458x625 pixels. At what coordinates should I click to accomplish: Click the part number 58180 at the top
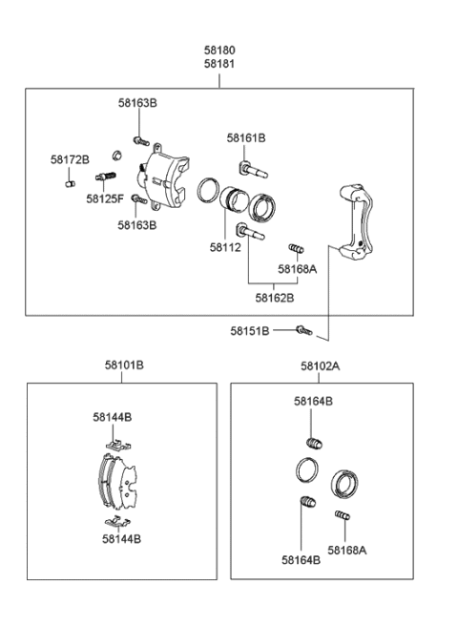click(x=219, y=50)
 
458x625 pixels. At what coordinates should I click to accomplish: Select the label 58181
click(x=219, y=64)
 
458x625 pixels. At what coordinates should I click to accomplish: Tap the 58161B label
click(x=246, y=138)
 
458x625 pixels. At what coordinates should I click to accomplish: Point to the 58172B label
click(x=70, y=159)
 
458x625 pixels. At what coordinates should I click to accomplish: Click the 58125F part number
click(x=105, y=198)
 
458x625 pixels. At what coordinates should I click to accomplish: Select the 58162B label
click(x=274, y=298)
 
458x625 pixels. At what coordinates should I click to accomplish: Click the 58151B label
click(x=249, y=331)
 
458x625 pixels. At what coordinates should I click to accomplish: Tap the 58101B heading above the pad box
click(x=124, y=365)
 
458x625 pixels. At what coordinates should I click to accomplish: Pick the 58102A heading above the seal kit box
click(x=321, y=365)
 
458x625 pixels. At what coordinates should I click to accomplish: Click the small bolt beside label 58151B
click(x=303, y=330)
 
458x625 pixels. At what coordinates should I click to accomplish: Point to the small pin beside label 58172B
click(x=70, y=183)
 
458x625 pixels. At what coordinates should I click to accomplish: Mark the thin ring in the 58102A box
click(x=305, y=469)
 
